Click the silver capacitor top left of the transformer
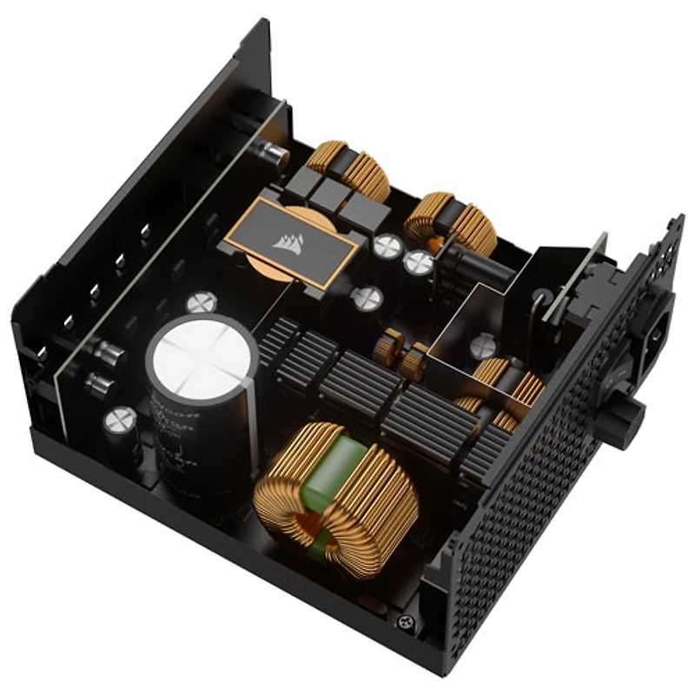[x=202, y=302]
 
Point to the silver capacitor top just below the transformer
[x=367, y=298]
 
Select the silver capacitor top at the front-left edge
[x=118, y=420]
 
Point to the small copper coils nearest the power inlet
[x=504, y=391]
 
